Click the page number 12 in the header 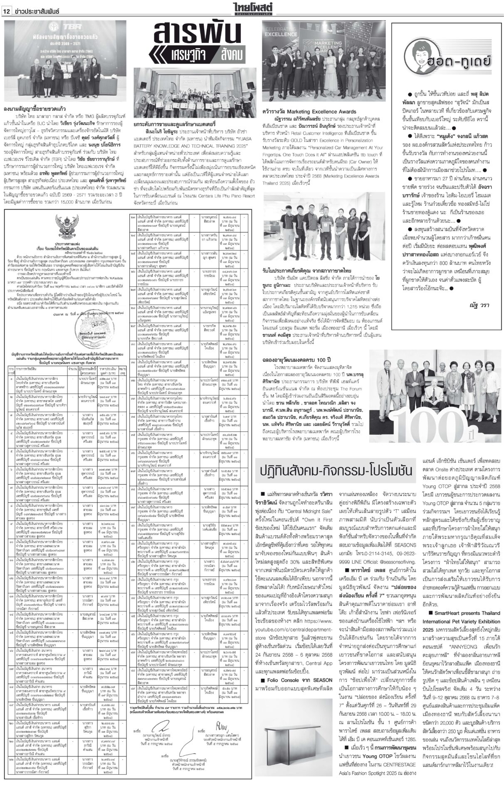(x=7, y=5)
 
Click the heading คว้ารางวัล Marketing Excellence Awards (x=309, y=111)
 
